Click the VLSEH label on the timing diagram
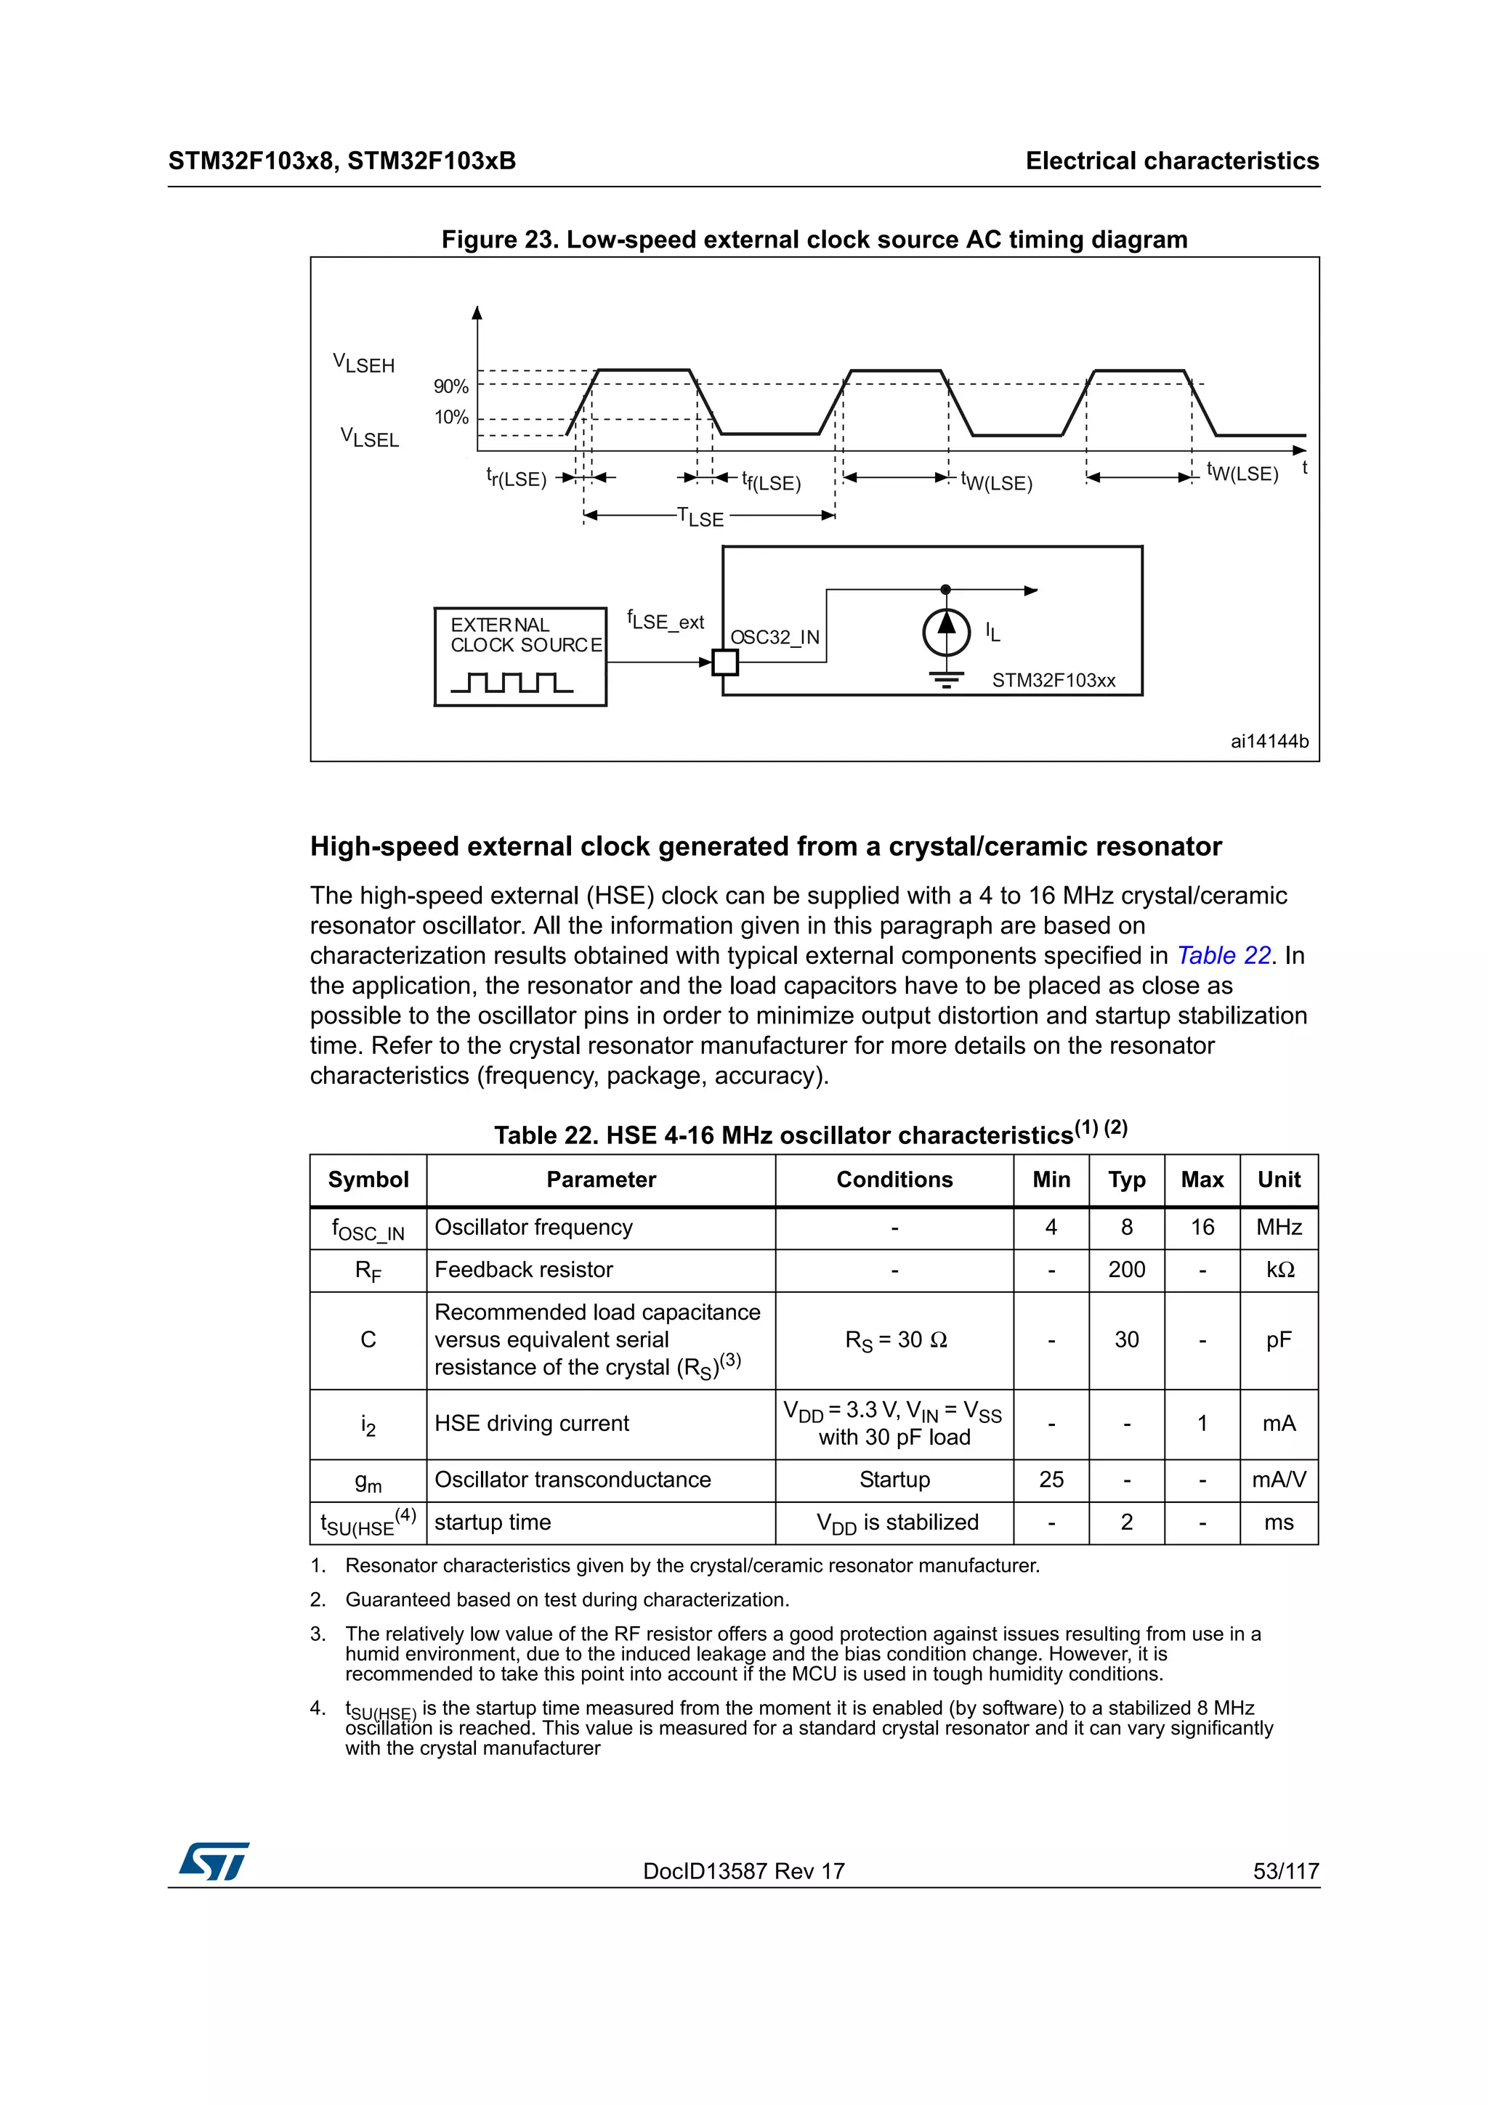point(364,363)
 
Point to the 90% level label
point(451,386)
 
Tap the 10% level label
point(451,417)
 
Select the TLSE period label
point(700,517)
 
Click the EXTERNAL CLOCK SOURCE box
point(519,657)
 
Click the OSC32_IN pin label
point(774,636)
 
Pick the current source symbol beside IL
point(945,632)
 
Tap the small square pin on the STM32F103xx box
point(725,662)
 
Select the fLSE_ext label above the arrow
point(666,621)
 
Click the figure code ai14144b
point(1269,741)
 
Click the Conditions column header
point(894,1179)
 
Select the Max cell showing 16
point(1202,1227)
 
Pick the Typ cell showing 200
point(1126,1269)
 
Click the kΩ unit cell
point(1279,1269)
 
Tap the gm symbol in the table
point(368,1480)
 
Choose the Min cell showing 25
point(1051,1479)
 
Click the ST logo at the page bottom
point(214,1861)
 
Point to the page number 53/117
point(1285,1871)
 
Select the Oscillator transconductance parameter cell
point(572,1479)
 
